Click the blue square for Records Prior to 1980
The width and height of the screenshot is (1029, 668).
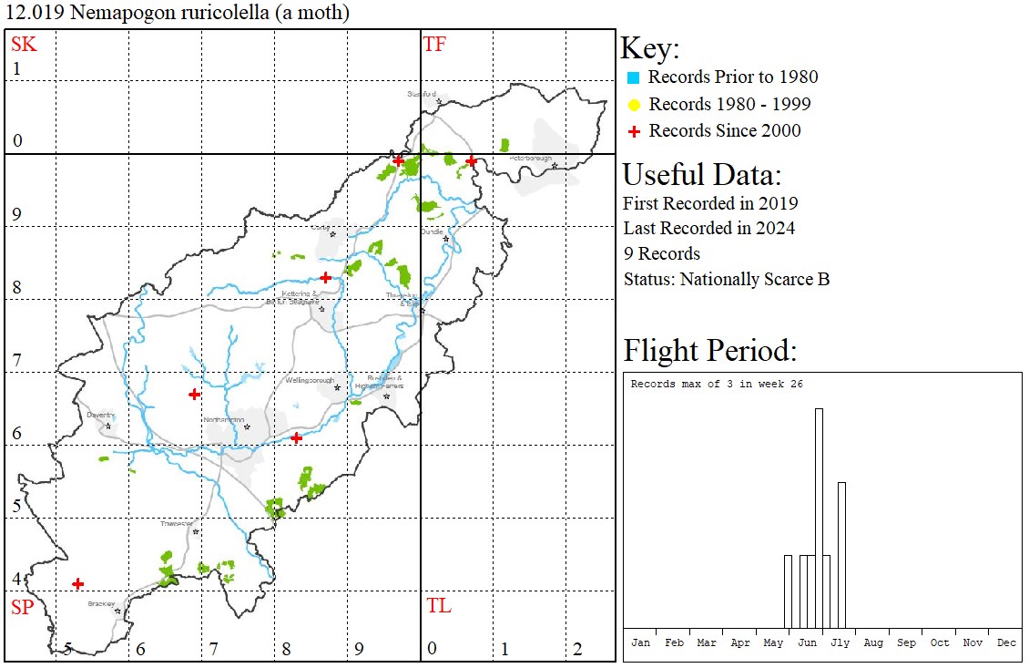pos(634,77)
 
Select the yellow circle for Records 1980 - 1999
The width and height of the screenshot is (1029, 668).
pos(634,104)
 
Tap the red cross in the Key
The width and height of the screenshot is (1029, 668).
pos(634,131)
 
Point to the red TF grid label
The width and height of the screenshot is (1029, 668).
pos(434,44)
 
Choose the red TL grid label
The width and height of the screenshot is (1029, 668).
pos(438,606)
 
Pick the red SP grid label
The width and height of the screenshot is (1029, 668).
pos(22,608)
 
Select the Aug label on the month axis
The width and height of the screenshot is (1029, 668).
pos(873,642)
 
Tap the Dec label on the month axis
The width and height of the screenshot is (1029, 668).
pos(1006,642)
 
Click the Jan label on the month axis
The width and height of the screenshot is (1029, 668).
pos(641,642)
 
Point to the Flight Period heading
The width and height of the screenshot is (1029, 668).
pos(709,351)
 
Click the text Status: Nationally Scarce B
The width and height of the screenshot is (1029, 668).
pos(726,279)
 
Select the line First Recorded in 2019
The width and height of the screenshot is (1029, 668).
pos(710,202)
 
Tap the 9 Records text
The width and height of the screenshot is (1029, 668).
pos(661,253)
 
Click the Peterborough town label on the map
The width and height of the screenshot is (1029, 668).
pos(531,159)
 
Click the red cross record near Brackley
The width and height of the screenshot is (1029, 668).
pos(78,583)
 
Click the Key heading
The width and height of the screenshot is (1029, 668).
pos(649,49)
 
